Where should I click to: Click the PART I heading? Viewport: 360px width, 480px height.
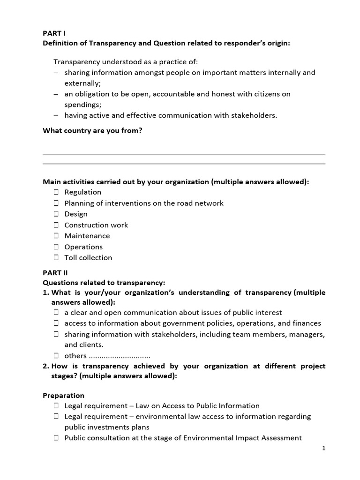[54, 33]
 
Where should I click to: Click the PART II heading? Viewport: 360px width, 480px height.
[55, 272]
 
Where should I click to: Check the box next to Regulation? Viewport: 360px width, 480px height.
[56, 192]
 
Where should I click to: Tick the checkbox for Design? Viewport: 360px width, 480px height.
[56, 214]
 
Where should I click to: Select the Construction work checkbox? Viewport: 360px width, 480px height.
[56, 225]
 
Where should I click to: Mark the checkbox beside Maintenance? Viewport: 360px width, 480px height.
[56, 236]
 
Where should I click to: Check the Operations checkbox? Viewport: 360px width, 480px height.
[56, 247]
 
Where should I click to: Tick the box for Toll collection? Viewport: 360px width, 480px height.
[56, 258]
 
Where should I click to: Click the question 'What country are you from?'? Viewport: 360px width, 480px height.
[92, 131]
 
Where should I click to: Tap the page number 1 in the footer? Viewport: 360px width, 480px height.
[323, 449]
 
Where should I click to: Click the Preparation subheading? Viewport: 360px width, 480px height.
[63, 395]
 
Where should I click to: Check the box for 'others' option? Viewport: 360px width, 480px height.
[56, 356]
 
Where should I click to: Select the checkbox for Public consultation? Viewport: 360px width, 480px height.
[56, 438]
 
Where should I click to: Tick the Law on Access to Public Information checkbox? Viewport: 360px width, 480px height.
[56, 406]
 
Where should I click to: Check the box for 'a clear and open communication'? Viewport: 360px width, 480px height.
[56, 313]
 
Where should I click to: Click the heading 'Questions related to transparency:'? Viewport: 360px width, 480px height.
[104, 283]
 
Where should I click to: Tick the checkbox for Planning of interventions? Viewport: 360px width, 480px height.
[56, 203]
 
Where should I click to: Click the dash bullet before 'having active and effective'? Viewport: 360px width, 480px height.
[56, 115]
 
